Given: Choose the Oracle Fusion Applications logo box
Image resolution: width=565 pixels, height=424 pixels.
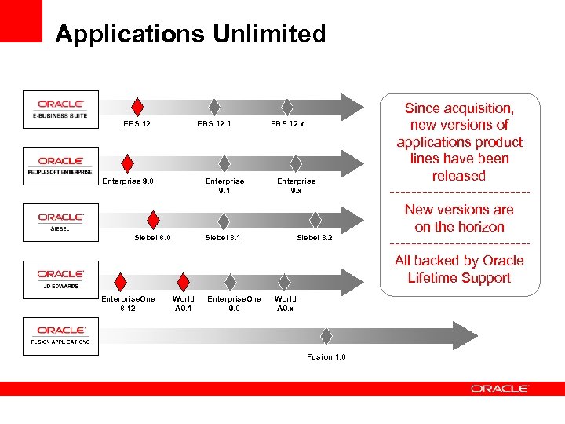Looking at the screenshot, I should [x=61, y=335].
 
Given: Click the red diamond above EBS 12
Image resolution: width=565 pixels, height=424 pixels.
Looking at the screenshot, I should [x=137, y=107].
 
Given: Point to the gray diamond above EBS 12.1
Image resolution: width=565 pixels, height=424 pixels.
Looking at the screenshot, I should [x=213, y=107].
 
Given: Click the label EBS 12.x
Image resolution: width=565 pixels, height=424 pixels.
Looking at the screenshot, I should [x=287, y=124].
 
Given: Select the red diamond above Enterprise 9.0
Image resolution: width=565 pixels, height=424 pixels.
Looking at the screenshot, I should [x=124, y=163].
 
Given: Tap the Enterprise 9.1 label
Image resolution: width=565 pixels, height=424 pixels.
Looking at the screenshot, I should [x=224, y=185].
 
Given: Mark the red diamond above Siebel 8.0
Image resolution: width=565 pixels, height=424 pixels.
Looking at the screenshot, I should [x=154, y=220].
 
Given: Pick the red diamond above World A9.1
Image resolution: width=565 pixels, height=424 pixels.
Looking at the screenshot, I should [x=183, y=281].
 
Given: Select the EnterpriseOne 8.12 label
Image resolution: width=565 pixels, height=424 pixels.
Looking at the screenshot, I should [x=128, y=303].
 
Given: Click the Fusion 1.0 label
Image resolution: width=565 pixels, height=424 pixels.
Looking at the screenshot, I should [x=326, y=357].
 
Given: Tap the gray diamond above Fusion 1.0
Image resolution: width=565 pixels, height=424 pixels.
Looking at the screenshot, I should [x=326, y=336].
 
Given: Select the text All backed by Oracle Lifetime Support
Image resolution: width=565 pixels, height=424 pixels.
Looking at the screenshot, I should [x=459, y=269].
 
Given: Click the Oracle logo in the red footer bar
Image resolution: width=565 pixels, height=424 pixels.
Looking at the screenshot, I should [x=500, y=389].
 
